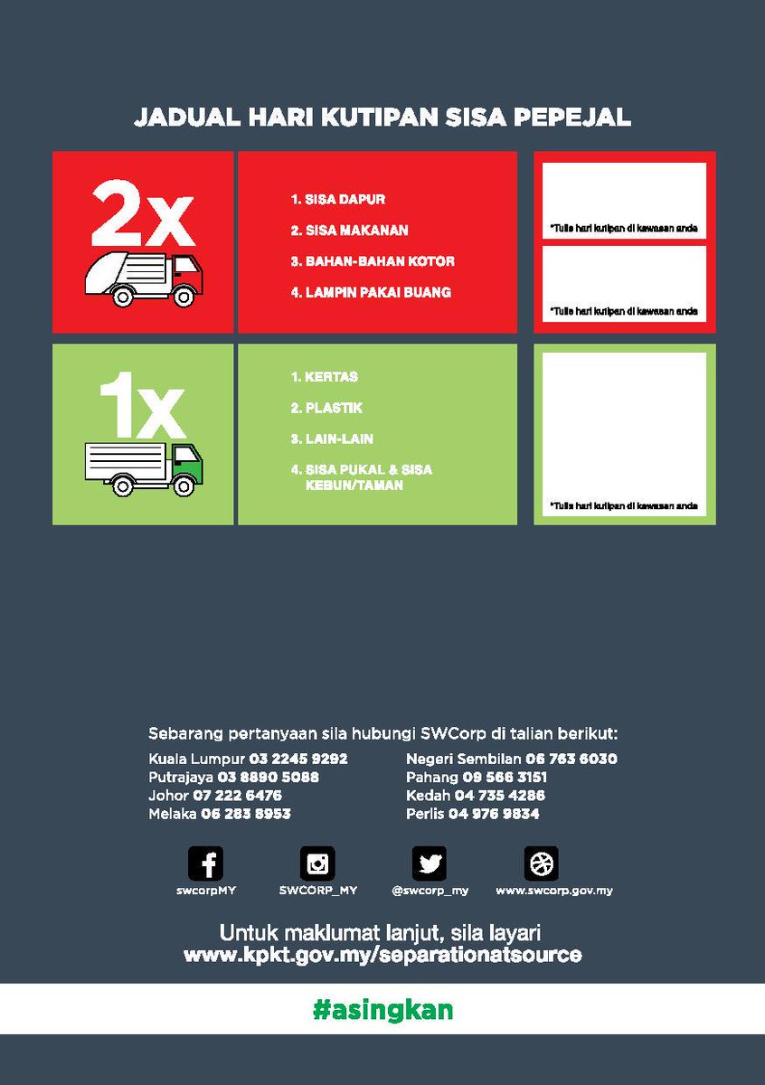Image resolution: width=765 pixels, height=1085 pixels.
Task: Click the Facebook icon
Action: [205, 863]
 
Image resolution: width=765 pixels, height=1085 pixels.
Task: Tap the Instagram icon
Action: [317, 863]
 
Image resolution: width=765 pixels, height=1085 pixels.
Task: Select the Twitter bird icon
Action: [430, 863]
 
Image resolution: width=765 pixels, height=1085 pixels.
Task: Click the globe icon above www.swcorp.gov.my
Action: [541, 863]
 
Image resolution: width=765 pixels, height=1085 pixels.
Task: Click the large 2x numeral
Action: [143, 213]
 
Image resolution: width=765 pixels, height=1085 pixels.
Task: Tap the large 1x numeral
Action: [142, 405]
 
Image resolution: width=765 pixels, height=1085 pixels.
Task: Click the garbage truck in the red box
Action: [144, 279]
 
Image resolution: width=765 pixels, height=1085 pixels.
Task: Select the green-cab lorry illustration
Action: [144, 469]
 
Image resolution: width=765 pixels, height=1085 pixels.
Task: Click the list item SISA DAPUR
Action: [337, 199]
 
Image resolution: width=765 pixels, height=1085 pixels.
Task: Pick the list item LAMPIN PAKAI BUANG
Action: [371, 292]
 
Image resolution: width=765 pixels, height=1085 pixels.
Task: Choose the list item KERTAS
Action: [325, 376]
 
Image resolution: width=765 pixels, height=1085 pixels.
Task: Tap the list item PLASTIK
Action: [326, 408]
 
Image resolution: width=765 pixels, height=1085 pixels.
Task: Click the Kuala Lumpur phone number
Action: [298, 758]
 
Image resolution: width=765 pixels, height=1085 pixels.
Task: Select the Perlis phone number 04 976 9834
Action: [494, 813]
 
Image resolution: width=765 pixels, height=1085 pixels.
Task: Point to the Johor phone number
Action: [238, 795]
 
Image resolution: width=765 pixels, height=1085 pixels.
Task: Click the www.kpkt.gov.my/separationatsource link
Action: [382, 954]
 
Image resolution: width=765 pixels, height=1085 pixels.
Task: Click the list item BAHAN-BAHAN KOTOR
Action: [373, 261]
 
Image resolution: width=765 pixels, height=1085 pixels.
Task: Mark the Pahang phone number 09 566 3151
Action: [505, 777]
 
